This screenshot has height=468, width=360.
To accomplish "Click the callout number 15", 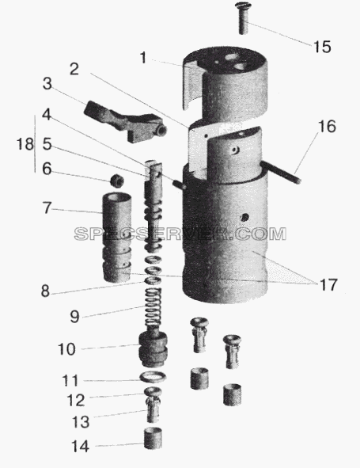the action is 322,47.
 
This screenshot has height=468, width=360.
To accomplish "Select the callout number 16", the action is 327,127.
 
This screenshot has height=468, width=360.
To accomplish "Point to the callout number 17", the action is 328,285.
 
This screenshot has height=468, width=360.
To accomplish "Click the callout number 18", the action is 25,144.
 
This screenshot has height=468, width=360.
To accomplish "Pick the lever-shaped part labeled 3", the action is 125,121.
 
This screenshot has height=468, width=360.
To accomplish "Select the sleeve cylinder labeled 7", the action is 116,238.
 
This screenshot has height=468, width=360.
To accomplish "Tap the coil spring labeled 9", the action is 153,308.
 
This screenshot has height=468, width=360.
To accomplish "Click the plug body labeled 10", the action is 153,348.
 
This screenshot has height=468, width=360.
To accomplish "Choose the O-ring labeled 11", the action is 153,377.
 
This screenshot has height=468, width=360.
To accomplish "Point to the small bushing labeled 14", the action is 153,439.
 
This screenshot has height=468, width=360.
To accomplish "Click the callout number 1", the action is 143,58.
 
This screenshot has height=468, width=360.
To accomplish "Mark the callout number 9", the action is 74,317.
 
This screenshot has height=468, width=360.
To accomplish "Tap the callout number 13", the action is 81,422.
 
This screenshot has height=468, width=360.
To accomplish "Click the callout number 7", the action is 47,207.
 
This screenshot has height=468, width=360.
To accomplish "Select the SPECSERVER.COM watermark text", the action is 180,234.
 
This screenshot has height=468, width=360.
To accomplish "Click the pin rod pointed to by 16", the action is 281,171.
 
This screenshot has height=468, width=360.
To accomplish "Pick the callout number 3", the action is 47,84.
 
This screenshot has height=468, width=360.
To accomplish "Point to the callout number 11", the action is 70,381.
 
